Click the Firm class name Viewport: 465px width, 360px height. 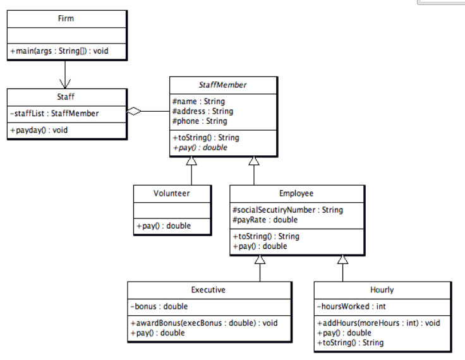coord(66,18)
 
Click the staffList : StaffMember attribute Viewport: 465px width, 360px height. coord(53,114)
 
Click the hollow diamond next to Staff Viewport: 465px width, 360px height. coord(133,112)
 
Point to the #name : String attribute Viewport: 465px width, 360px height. coord(198,101)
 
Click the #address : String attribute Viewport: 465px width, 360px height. coord(202,111)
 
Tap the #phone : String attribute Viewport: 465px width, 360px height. coord(199,121)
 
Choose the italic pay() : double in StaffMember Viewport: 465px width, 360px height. coord(199,147)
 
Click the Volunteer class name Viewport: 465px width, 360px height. coord(171,193)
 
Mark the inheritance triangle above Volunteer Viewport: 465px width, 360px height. coord(192,161)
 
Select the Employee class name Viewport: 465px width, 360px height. coord(296,193)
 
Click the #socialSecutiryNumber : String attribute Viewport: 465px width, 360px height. coord(287,210)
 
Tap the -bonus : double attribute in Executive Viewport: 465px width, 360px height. coord(159,306)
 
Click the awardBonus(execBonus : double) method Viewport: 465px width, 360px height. coord(203,323)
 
